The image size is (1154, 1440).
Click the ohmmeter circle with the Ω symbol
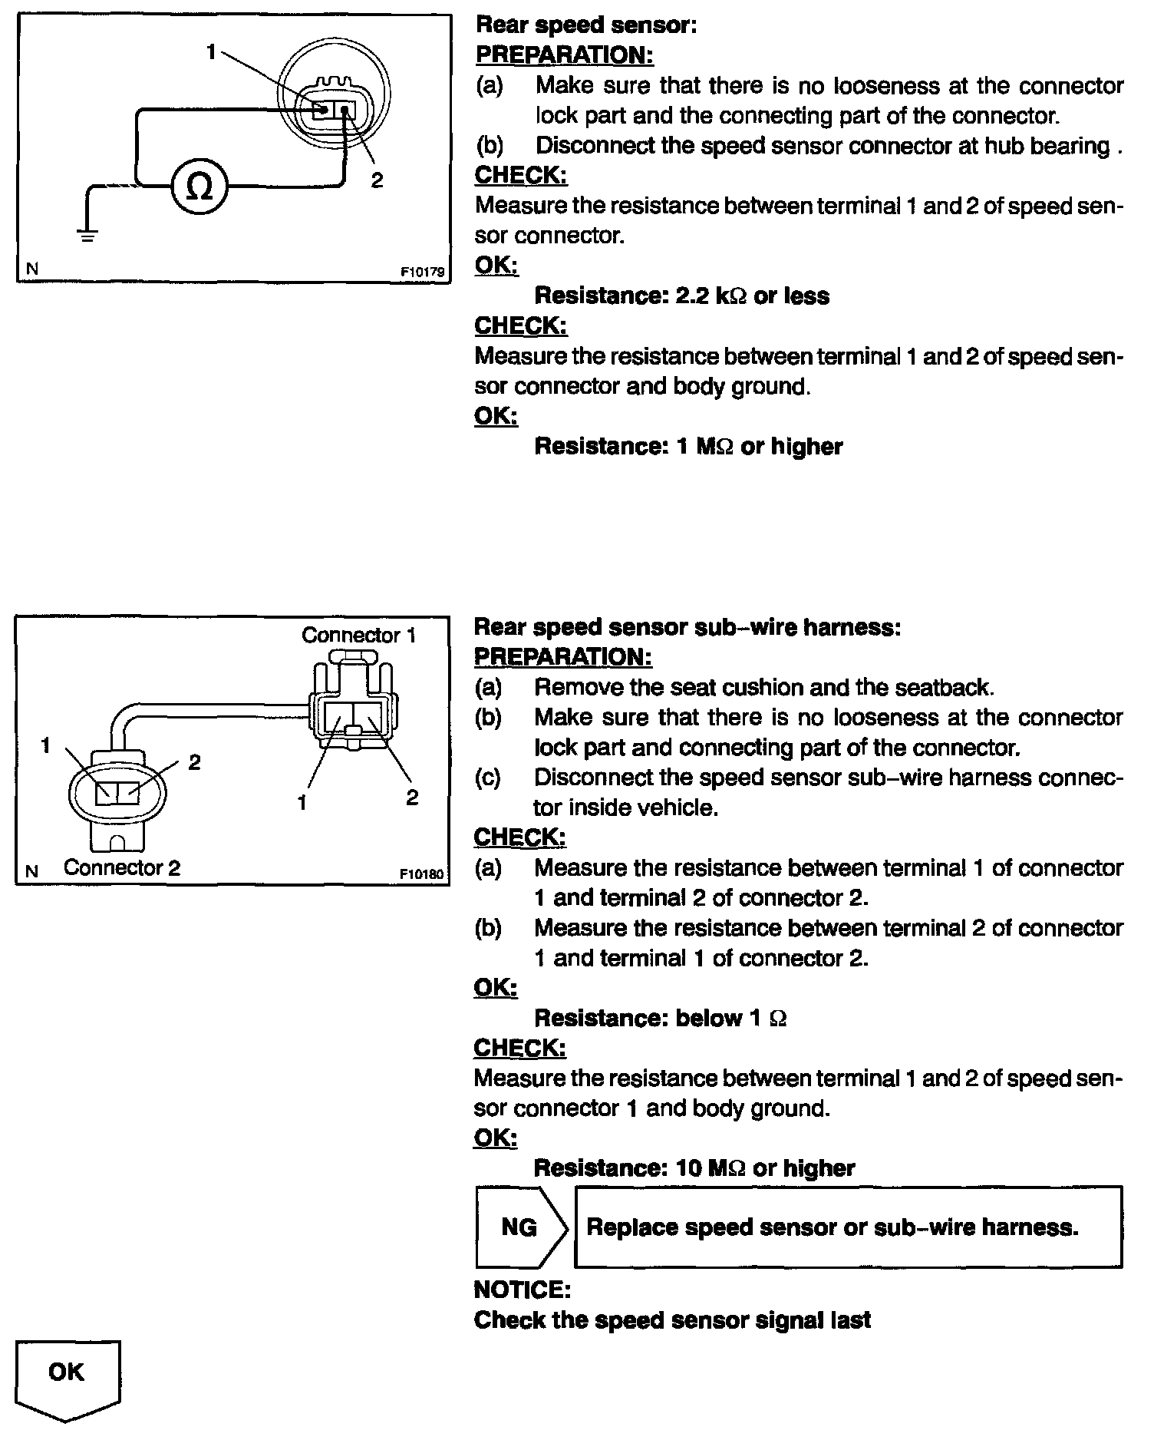click(199, 187)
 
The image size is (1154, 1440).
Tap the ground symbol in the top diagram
click(88, 234)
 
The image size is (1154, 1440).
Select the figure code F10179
click(422, 271)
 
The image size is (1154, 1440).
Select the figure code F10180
click(422, 874)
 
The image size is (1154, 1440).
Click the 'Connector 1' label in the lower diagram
click(358, 636)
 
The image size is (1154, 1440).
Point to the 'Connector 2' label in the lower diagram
click(122, 868)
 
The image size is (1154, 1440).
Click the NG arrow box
click(520, 1227)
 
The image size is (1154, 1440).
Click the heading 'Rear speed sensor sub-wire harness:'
click(687, 627)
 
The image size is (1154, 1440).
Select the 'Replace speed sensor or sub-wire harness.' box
click(848, 1227)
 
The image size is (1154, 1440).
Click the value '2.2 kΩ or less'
click(752, 296)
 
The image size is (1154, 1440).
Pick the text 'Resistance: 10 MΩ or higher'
click(694, 1168)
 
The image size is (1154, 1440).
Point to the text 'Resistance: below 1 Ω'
click(660, 1019)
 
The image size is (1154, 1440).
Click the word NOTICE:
click(522, 1289)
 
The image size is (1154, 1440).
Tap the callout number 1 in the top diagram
click(211, 51)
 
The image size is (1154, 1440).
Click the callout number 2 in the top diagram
click(377, 180)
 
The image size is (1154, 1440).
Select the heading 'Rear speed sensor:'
click(586, 25)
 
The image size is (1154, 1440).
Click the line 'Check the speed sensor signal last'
click(672, 1320)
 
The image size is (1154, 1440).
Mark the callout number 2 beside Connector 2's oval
click(194, 762)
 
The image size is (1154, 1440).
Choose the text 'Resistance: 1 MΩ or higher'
click(687, 447)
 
